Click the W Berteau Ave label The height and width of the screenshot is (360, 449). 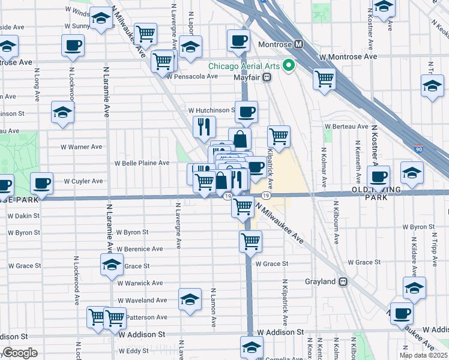[346, 127]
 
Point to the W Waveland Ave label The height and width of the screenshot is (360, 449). [142, 300]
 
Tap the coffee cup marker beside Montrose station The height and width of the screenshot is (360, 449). [238, 41]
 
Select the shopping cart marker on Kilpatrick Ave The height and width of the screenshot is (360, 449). [279, 137]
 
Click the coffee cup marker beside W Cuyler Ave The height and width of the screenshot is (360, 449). [41, 184]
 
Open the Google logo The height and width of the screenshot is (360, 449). [19, 353]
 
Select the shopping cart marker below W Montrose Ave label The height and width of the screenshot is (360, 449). [324, 79]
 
